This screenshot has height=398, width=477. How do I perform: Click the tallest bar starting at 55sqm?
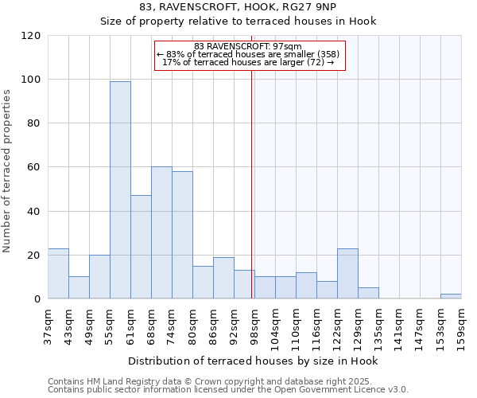click(x=120, y=189)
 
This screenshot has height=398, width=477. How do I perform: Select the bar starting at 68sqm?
click(x=161, y=232)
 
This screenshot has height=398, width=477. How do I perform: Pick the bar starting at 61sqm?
click(x=141, y=247)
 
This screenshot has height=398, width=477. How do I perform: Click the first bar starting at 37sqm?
click(x=58, y=273)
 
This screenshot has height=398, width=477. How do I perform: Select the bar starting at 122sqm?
click(x=347, y=273)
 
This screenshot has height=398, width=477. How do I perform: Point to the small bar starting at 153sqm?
click(x=451, y=296)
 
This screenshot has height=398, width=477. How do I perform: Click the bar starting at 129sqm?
click(x=368, y=293)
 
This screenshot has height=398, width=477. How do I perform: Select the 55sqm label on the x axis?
click(x=111, y=323)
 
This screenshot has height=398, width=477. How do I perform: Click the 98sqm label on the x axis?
click(x=255, y=323)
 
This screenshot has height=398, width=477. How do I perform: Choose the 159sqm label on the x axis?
click(x=462, y=323)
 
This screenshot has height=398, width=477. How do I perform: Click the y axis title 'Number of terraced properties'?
click(x=8, y=170)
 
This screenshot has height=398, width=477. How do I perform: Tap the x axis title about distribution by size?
click(x=253, y=361)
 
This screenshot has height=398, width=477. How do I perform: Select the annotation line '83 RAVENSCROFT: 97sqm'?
click(x=248, y=47)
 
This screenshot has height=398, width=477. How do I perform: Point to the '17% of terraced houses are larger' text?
click(x=248, y=62)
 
